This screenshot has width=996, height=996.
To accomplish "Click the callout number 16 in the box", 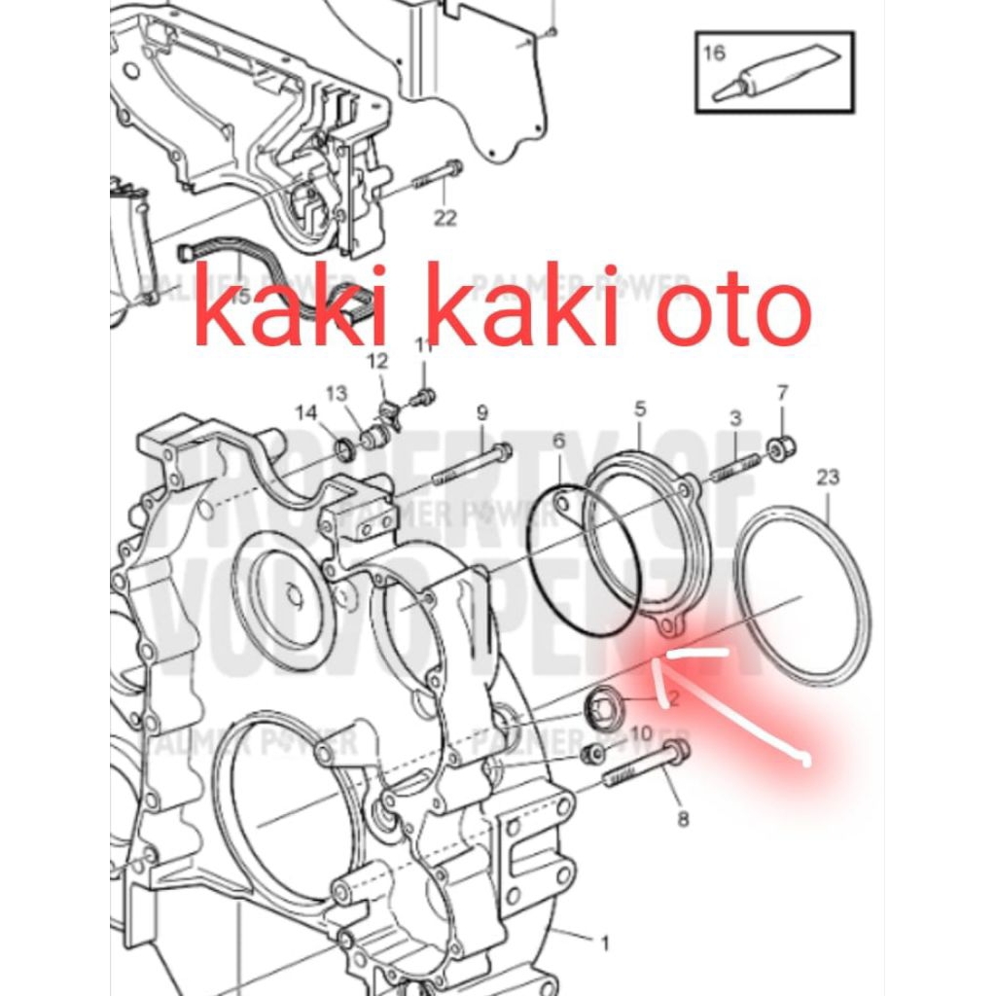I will (715, 53).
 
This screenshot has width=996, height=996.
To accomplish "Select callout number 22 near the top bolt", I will (445, 219).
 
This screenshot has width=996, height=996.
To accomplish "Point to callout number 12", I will (377, 362).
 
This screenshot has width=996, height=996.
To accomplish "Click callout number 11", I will (424, 346).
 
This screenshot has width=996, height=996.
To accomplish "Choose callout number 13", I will (337, 393).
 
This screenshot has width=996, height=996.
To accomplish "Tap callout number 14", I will (305, 413).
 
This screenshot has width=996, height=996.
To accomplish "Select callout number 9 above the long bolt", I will (481, 412).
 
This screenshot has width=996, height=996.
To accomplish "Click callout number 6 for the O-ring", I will (558, 441).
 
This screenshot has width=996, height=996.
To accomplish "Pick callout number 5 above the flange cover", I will (640, 409).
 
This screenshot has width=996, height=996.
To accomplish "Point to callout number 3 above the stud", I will (736, 418).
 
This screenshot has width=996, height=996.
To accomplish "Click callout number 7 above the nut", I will (783, 393).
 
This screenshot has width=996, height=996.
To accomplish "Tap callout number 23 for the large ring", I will (828, 477).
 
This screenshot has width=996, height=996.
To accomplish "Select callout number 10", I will (641, 732).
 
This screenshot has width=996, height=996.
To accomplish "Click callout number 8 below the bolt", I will (683, 819).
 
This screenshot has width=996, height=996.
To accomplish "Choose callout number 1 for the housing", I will (604, 943).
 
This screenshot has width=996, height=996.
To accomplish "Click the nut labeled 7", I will (780, 449).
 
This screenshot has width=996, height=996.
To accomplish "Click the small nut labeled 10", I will (590, 755).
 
